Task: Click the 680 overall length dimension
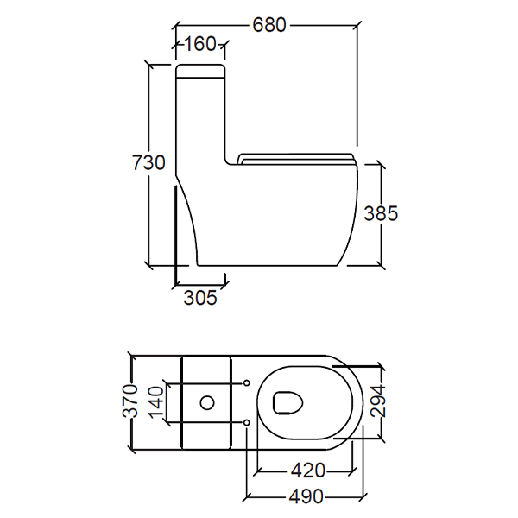[x=268, y=25]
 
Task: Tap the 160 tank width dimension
[x=200, y=44]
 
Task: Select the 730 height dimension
[x=148, y=162]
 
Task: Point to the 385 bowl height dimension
[x=381, y=213]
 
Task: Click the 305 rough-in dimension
[x=200, y=297]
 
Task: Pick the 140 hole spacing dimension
[x=157, y=402]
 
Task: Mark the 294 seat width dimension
[x=377, y=401]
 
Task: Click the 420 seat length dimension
[x=308, y=471]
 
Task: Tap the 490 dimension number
[x=306, y=496]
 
